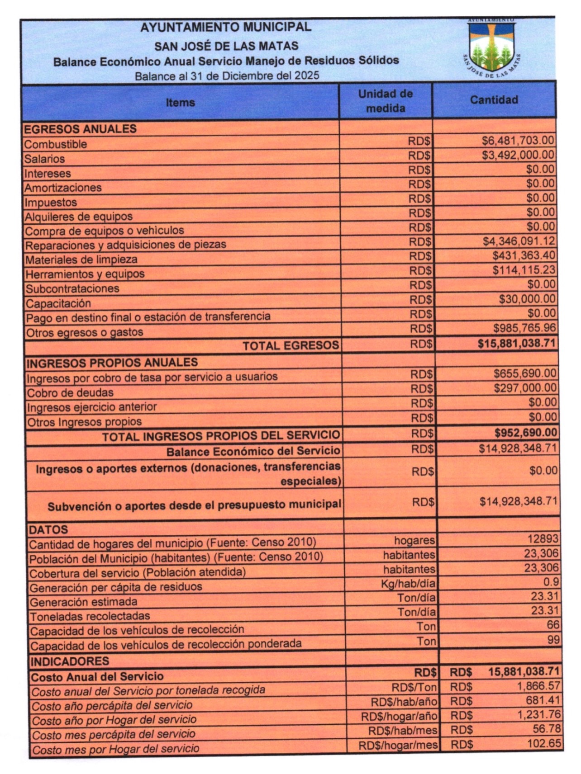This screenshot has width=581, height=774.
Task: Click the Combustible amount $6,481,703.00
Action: tap(518, 141)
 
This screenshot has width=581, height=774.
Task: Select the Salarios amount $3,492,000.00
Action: tap(518, 155)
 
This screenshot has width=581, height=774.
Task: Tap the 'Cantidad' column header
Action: tap(494, 100)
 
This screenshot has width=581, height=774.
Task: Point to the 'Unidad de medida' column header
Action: tap(386, 101)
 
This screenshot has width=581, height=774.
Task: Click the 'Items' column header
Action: tap(180, 103)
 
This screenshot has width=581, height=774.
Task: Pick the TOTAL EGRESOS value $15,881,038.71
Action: tap(517, 343)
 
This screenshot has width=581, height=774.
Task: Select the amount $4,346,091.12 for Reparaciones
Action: tap(519, 241)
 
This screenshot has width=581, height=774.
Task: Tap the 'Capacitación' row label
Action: tap(58, 303)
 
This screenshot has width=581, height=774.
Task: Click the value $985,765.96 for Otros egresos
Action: tap(524, 328)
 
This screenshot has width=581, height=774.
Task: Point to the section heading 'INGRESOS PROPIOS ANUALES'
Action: tap(112, 363)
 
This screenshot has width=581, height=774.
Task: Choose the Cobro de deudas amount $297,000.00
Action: tap(525, 388)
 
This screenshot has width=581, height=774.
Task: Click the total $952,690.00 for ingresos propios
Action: tap(525, 433)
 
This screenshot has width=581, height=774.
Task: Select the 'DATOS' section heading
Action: tap(48, 529)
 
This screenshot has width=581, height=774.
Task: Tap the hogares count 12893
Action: tap(543, 539)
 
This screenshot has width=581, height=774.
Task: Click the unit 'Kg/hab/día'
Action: tap(408, 584)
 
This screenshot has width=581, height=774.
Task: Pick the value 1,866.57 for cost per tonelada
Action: tap(538, 686)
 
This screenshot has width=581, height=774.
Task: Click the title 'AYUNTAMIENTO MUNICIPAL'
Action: tap(226, 27)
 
